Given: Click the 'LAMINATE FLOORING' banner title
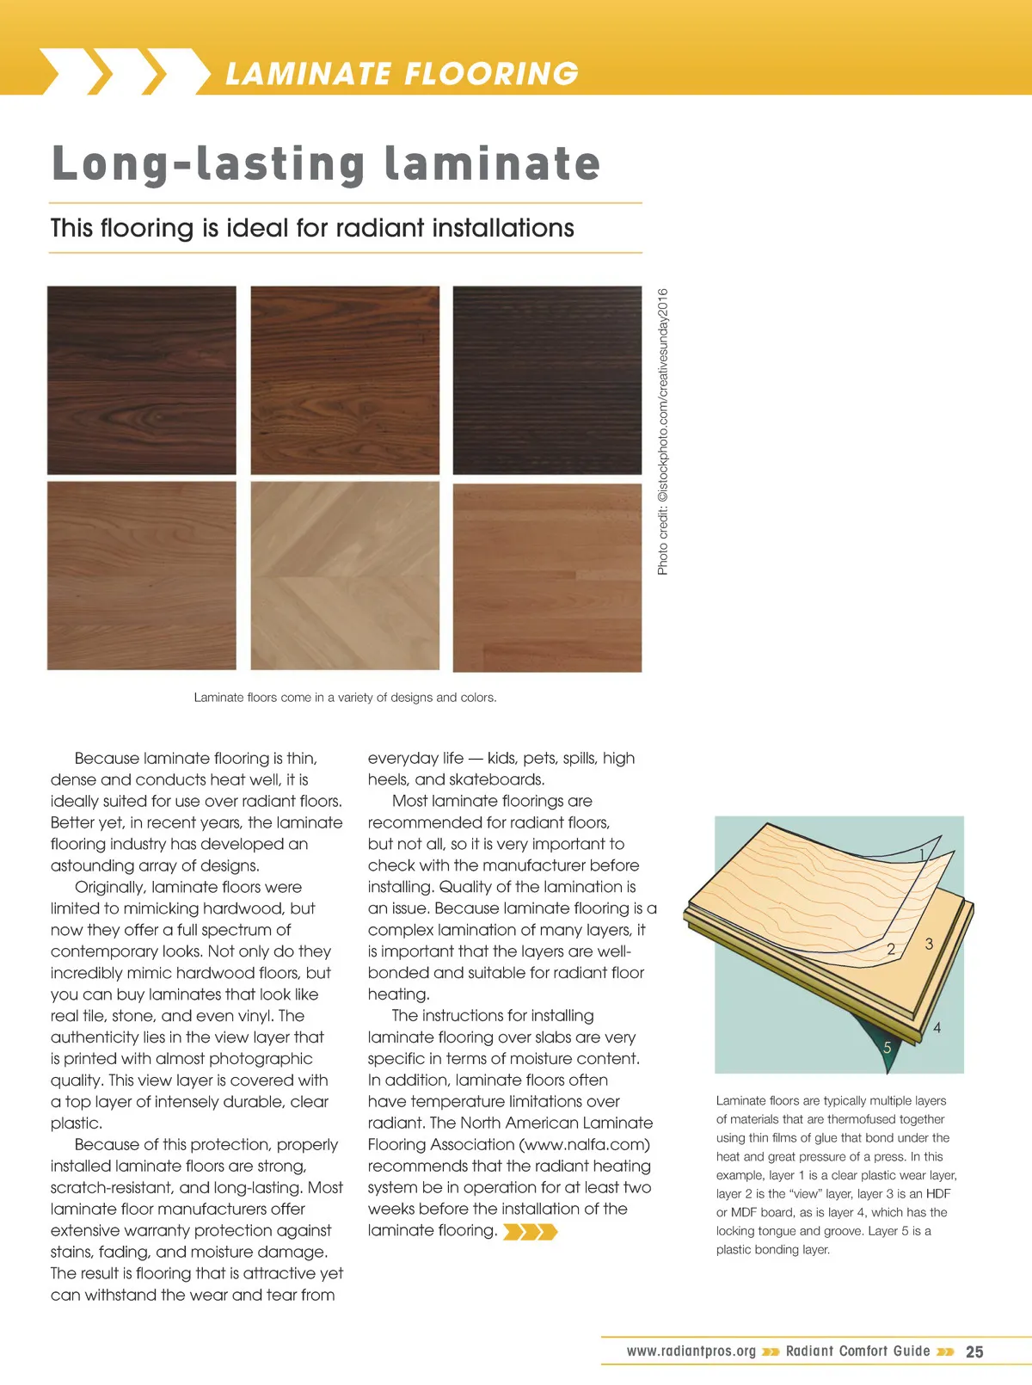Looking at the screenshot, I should click(x=401, y=74).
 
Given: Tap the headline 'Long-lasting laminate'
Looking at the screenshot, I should click(x=326, y=163).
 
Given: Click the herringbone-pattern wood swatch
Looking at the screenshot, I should click(x=345, y=576).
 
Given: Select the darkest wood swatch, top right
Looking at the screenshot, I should click(x=547, y=380).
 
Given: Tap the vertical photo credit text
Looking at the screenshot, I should click(x=662, y=432).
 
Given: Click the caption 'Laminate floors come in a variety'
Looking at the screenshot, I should click(x=345, y=698).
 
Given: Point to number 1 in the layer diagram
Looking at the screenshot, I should click(x=922, y=854).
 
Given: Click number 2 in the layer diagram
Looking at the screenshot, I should click(x=891, y=950).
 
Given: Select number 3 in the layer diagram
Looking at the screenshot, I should click(x=929, y=945).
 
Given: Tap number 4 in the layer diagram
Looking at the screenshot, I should click(x=937, y=1027).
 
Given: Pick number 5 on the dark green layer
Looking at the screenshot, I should click(x=887, y=1048).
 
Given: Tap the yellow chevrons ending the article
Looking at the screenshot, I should click(x=530, y=1232).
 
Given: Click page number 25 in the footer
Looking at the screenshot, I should click(x=974, y=1351).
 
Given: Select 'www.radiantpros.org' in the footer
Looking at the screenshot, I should click(x=691, y=1351).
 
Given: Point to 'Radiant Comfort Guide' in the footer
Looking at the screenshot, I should click(x=857, y=1351).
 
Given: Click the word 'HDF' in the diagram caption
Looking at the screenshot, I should click(x=938, y=1194).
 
